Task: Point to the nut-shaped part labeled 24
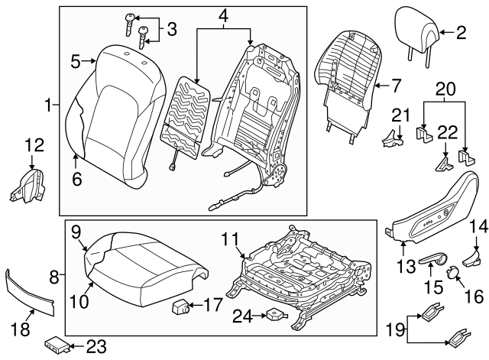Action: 274,314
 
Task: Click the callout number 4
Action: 223,15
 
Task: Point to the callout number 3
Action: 171,30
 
